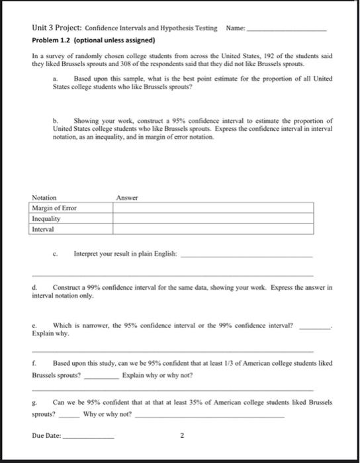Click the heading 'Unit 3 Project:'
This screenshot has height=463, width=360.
pos(56,28)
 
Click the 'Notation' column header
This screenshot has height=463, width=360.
pos(44,198)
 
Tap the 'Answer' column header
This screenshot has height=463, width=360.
pos(126,198)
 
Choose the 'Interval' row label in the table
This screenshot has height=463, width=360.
pos(44,230)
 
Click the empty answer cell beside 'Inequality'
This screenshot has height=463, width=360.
pos(212,219)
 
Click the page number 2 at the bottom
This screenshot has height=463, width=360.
pos(180,437)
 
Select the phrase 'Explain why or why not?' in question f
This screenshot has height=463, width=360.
pos(156,376)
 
